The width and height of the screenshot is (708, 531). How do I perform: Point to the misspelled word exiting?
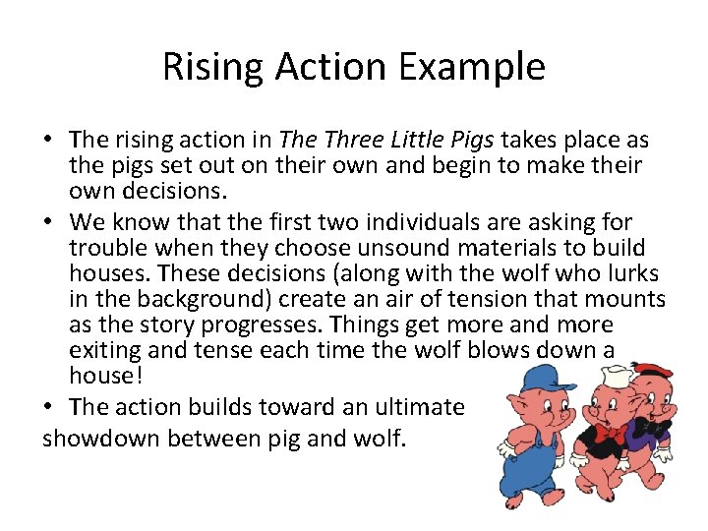point(104,350)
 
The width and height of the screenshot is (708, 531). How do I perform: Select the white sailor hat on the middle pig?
point(590,377)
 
